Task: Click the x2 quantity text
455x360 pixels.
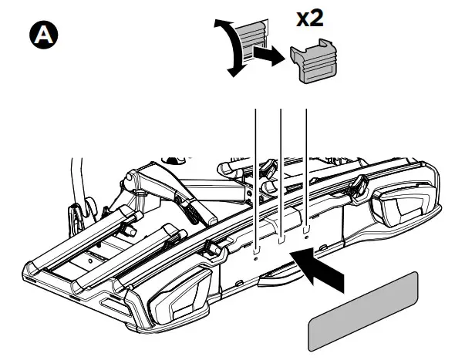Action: (310, 19)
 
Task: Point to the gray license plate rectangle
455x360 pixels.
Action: (362, 311)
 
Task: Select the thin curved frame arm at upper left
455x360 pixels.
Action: (75, 177)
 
